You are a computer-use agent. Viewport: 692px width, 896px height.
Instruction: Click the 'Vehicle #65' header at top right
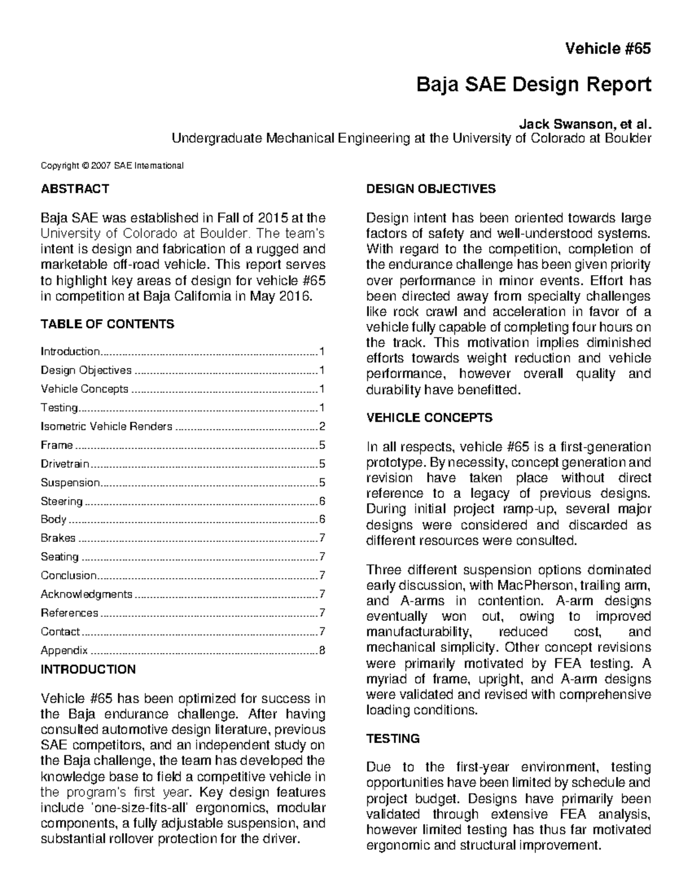coord(608,48)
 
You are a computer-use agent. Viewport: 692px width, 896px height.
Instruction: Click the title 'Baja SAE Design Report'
coord(533,85)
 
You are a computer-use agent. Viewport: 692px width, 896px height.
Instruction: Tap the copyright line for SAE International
coord(112,166)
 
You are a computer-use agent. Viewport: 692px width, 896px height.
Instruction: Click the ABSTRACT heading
coord(74,189)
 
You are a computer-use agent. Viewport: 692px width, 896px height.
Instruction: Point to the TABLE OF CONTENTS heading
coord(107,324)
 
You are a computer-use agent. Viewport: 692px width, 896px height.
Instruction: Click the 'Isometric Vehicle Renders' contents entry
coord(106,426)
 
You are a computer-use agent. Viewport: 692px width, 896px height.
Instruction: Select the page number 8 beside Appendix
coord(322,651)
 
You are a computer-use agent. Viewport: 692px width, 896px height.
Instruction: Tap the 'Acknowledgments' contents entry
coord(86,594)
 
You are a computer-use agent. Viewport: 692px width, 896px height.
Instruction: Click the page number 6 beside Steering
coord(322,501)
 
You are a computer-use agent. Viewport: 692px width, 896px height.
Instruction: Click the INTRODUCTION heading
coord(88,669)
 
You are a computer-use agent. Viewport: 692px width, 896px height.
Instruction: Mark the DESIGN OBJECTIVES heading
coord(431,189)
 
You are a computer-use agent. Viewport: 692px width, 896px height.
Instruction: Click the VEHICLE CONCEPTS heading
coord(429,417)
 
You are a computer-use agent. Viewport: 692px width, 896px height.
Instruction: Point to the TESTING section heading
coord(393,738)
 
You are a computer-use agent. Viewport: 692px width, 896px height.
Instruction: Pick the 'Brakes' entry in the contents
coord(58,538)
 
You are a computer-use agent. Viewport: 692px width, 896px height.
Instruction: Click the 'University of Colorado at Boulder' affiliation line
coord(411,138)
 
